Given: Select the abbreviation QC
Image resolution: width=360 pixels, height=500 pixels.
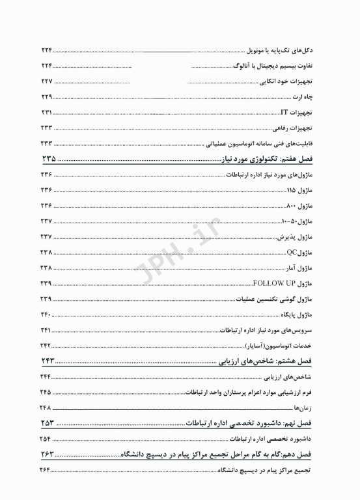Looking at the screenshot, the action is [292, 252].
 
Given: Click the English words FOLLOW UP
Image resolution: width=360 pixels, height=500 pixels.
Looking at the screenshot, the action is [274, 283].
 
